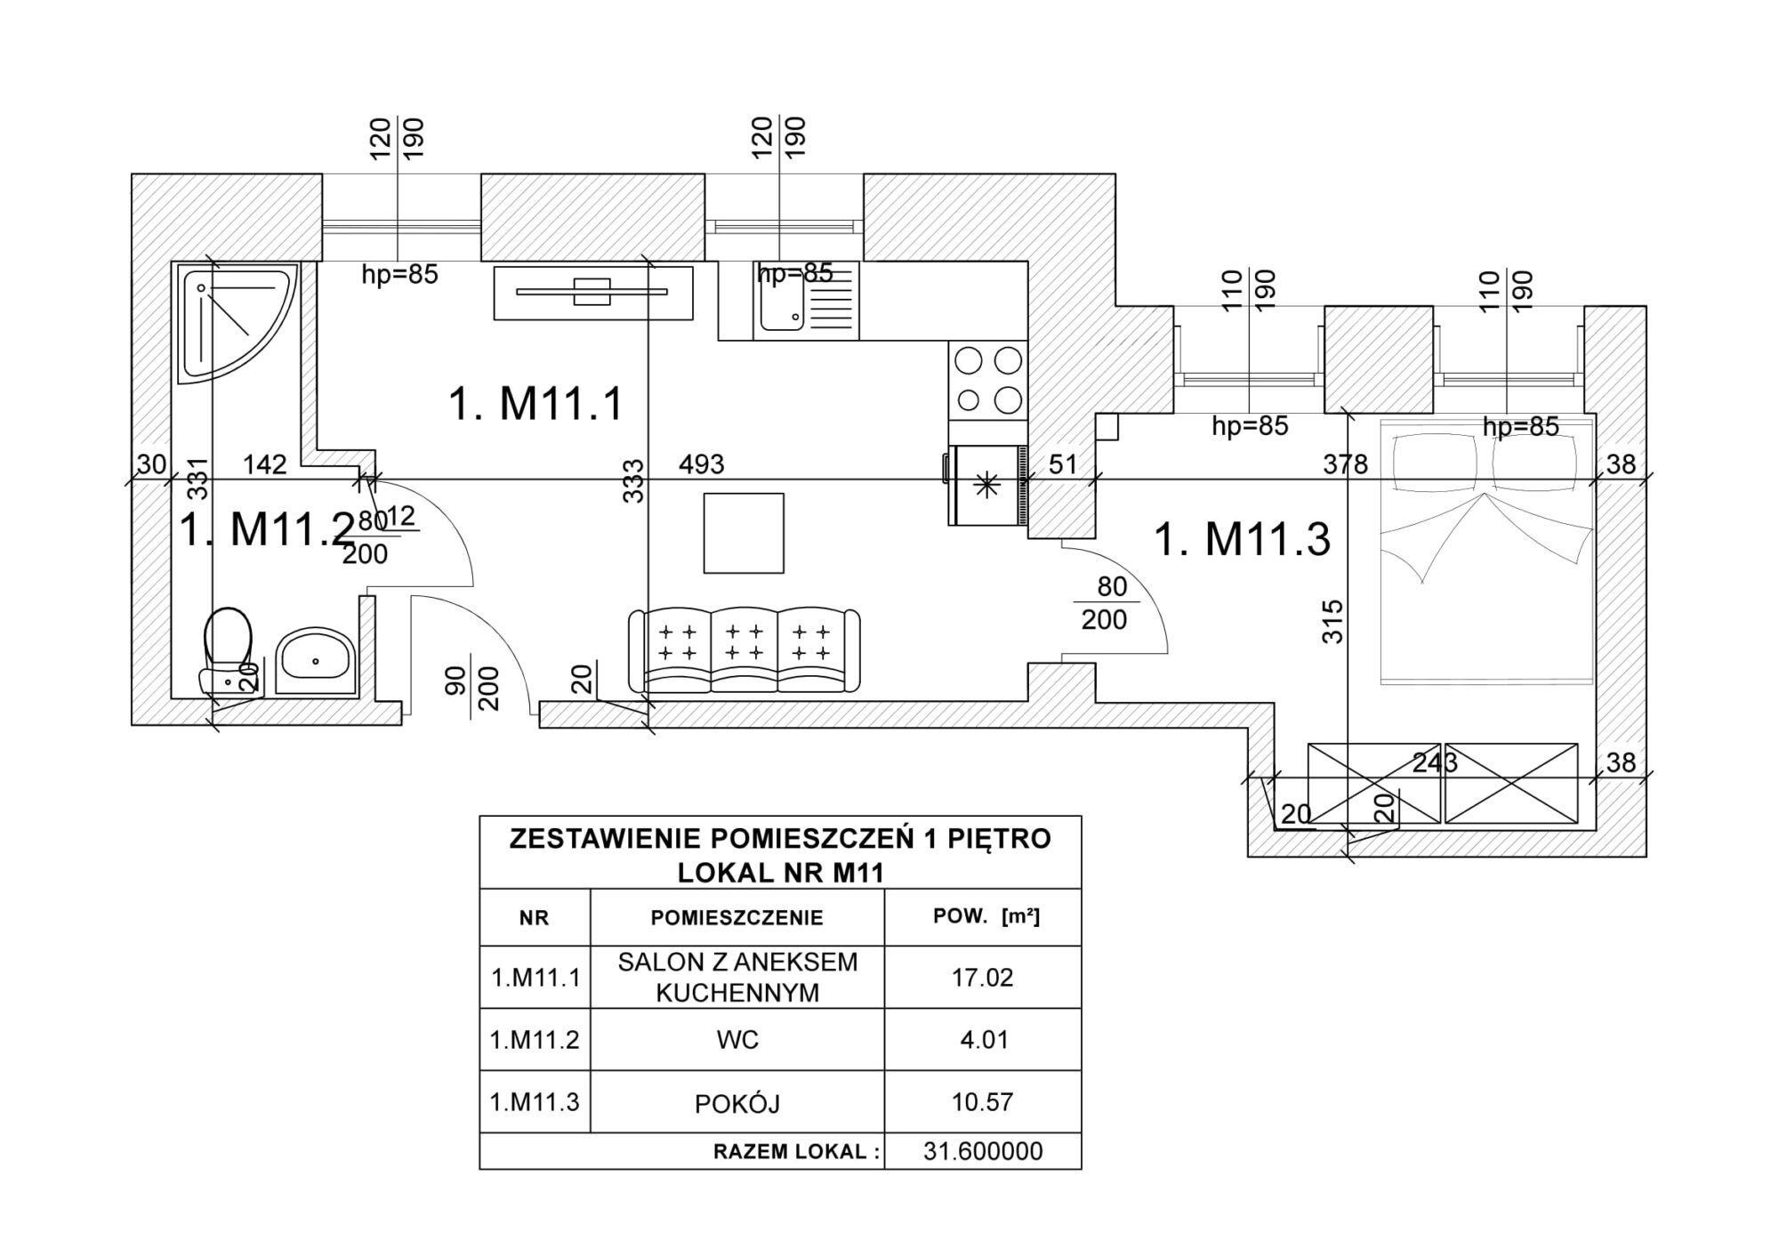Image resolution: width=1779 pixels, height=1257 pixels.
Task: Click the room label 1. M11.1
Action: [x=535, y=404]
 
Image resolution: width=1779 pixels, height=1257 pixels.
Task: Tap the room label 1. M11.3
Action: [x=1242, y=539]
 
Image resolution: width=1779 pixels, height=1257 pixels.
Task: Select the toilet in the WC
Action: [x=228, y=647]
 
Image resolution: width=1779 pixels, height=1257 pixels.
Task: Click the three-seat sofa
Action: [x=744, y=650]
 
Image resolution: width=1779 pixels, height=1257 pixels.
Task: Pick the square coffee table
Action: [x=744, y=534]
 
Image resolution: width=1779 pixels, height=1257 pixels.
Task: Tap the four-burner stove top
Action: [x=987, y=381]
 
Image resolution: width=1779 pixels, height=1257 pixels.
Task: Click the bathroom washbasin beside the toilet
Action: [x=315, y=662]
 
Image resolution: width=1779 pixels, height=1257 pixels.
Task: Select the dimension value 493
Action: [x=702, y=464]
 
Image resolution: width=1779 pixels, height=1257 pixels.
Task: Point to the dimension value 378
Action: [x=1344, y=464]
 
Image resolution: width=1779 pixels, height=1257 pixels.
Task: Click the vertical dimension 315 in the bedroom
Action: [x=1332, y=622]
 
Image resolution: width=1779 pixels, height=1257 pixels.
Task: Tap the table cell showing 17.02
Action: [x=982, y=978]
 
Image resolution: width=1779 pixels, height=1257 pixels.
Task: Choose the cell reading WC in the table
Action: [x=737, y=1040]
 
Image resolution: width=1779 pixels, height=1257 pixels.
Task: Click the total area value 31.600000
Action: [x=983, y=1151]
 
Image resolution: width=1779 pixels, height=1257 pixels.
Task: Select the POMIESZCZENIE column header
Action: [x=737, y=918]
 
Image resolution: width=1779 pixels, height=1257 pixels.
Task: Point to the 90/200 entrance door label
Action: [x=473, y=688]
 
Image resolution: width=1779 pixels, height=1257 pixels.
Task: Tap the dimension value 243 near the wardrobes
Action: [x=1435, y=762]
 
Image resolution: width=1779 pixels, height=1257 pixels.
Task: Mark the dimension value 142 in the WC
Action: [x=265, y=464]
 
